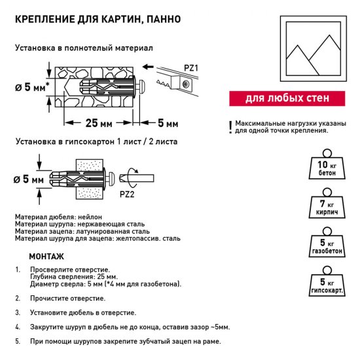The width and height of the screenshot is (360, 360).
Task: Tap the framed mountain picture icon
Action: coord(312,47)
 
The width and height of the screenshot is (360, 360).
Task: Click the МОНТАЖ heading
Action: coord(46,256)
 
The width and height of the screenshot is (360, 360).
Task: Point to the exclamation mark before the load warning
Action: coord(230,127)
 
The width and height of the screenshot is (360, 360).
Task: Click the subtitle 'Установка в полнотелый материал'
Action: coord(83,48)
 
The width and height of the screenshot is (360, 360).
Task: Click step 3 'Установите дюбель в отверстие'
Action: coord(82,312)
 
